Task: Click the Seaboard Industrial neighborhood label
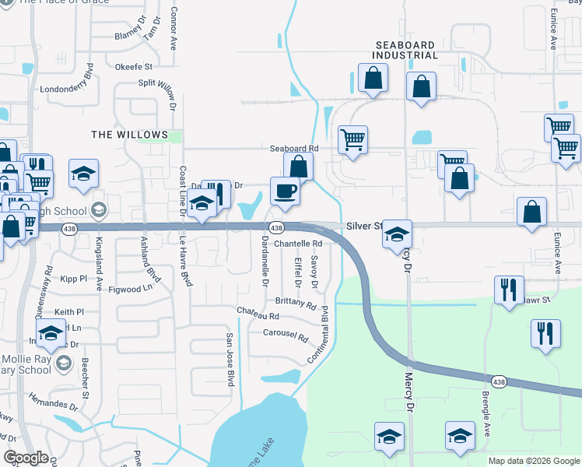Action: coord(405,51)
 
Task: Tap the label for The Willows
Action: coord(130,135)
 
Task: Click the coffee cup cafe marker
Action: coord(285,191)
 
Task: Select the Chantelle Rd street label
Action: coord(297,244)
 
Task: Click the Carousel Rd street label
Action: coord(286,338)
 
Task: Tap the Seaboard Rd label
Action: coord(294,148)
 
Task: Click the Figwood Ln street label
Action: coord(131,288)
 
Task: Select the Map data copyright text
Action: coord(534,461)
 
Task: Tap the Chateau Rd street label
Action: coord(258,315)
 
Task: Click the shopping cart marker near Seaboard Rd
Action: coord(353,140)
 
